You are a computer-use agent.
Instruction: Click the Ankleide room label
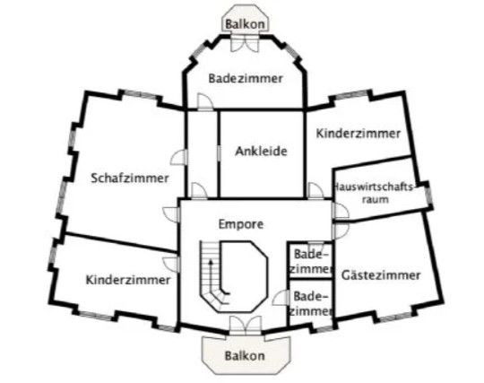261,152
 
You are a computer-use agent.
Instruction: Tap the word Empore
241,224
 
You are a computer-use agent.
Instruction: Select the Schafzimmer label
130,178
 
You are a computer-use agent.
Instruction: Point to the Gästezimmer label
381,274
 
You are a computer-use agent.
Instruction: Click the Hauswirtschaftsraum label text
375,193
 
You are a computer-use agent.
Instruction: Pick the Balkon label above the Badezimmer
245,24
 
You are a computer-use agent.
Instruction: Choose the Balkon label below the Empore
245,355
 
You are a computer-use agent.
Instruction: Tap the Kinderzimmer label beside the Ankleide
359,134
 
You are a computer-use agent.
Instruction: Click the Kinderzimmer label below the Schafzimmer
128,280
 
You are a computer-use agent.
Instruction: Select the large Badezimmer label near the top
246,78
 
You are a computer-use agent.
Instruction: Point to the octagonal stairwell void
243,276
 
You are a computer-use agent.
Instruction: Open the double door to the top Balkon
245,43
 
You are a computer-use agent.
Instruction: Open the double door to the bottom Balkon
246,326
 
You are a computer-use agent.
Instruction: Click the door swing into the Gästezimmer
341,231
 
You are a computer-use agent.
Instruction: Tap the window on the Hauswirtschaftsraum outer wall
428,196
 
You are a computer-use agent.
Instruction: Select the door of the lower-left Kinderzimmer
171,265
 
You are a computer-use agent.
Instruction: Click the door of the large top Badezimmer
204,101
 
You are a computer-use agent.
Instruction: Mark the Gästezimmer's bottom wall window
396,317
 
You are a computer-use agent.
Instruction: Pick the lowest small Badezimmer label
311,304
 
